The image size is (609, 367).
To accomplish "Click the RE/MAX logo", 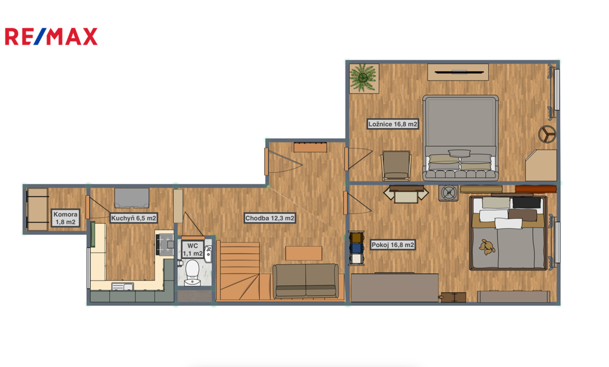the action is [51, 36].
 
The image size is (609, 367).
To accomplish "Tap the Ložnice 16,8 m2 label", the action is [393, 124].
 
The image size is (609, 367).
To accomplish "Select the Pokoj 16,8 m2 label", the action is [393, 245].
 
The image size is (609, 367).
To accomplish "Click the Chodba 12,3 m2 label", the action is [269, 218].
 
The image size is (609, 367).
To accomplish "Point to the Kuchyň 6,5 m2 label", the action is [134, 218].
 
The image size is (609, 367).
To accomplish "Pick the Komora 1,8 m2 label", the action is [65, 218].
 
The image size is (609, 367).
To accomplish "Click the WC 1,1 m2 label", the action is [193, 250].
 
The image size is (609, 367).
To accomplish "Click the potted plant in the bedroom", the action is [363, 78].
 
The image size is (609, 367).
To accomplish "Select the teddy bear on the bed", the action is [486, 247].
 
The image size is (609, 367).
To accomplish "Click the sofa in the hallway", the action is [306, 281].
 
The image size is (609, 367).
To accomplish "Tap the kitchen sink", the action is [123, 287].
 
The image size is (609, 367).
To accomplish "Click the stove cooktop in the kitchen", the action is [165, 245].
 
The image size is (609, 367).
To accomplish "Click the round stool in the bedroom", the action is [547, 134].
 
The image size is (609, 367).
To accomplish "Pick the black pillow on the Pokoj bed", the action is [526, 203].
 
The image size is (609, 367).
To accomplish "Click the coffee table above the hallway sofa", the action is [304, 253].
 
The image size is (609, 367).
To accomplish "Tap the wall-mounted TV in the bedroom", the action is [458, 72].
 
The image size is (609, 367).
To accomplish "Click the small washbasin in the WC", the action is [208, 253].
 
